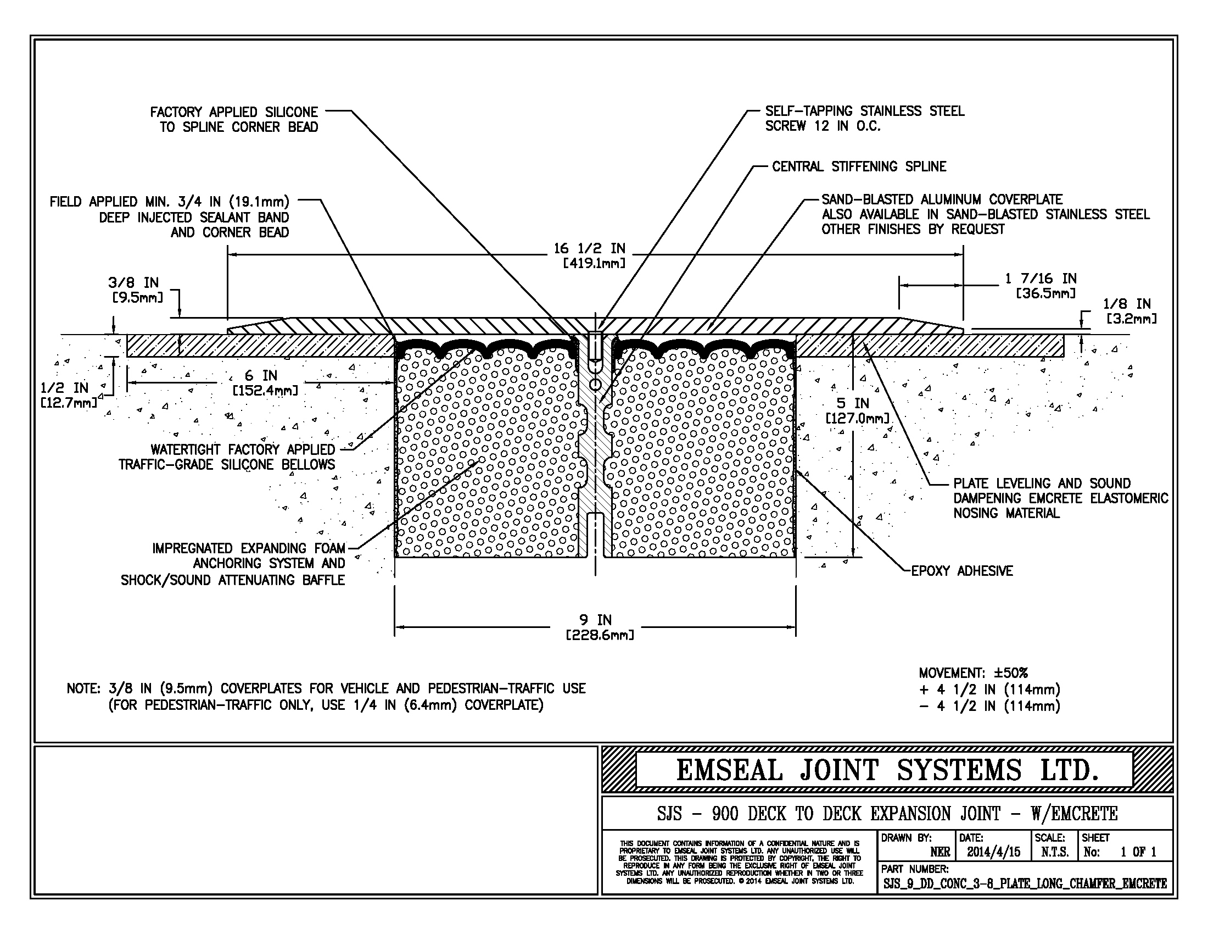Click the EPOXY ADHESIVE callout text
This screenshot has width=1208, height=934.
(x=962, y=571)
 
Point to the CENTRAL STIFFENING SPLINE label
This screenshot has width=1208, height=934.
(x=859, y=166)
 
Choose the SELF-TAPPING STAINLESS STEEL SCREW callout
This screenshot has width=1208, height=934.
(x=864, y=119)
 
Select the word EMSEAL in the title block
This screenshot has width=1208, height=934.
(x=730, y=770)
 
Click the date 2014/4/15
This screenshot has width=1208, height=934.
(x=993, y=852)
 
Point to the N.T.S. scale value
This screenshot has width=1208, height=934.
(x=1054, y=852)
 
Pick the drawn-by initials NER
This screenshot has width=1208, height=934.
(x=939, y=852)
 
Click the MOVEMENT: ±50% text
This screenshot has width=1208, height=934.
(x=973, y=674)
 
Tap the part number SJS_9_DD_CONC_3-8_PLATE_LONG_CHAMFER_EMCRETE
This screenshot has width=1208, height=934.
(x=1025, y=883)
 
